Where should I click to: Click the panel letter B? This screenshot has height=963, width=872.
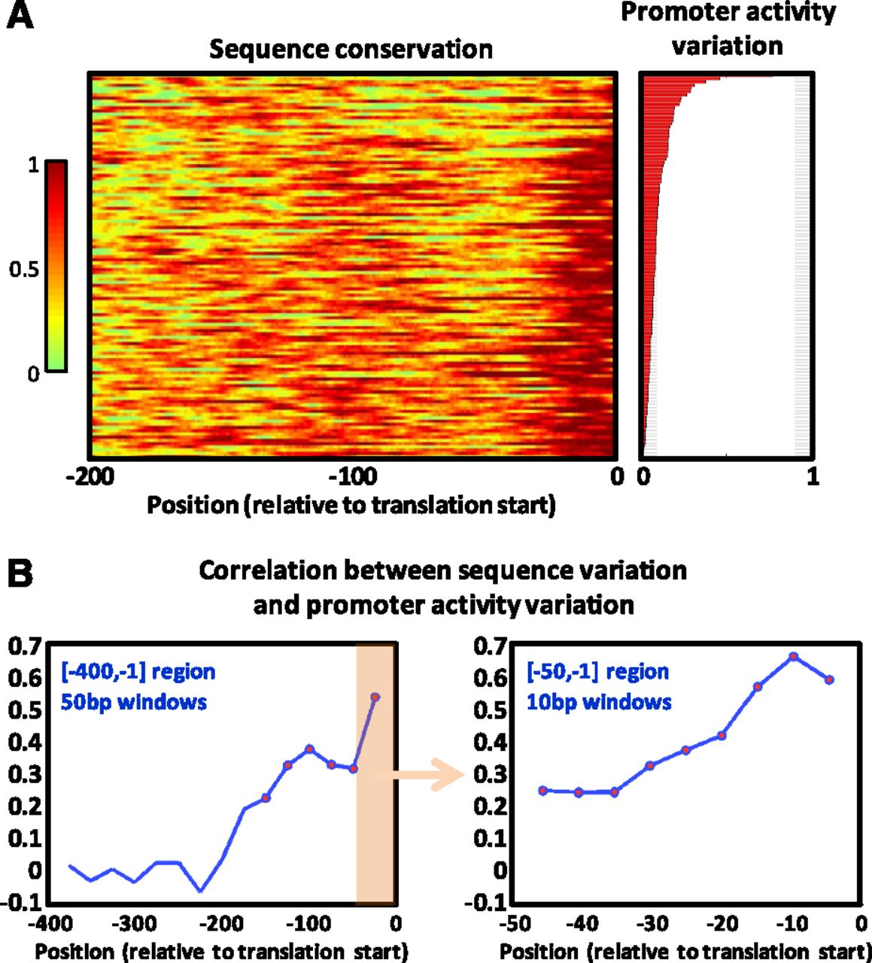[20, 575]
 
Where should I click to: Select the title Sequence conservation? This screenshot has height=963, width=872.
[351, 50]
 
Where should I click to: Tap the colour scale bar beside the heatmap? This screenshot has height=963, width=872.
[56, 266]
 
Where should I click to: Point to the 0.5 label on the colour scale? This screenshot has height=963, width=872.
[24, 269]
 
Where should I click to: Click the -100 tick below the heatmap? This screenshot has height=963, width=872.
[353, 476]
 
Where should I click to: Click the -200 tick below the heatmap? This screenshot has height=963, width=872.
[90, 476]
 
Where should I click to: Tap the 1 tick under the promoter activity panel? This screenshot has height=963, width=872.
[812, 476]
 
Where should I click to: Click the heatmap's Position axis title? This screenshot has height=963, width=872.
[351, 505]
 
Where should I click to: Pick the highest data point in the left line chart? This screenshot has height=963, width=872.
[375, 697]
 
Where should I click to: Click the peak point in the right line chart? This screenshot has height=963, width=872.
[793, 657]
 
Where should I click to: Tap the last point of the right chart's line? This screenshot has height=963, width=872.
[829, 679]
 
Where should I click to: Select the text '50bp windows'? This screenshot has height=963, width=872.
[133, 702]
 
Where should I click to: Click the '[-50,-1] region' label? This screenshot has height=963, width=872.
[597, 671]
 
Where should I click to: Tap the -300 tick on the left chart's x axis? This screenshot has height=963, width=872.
[134, 923]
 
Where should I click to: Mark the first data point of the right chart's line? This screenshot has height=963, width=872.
[543, 791]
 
